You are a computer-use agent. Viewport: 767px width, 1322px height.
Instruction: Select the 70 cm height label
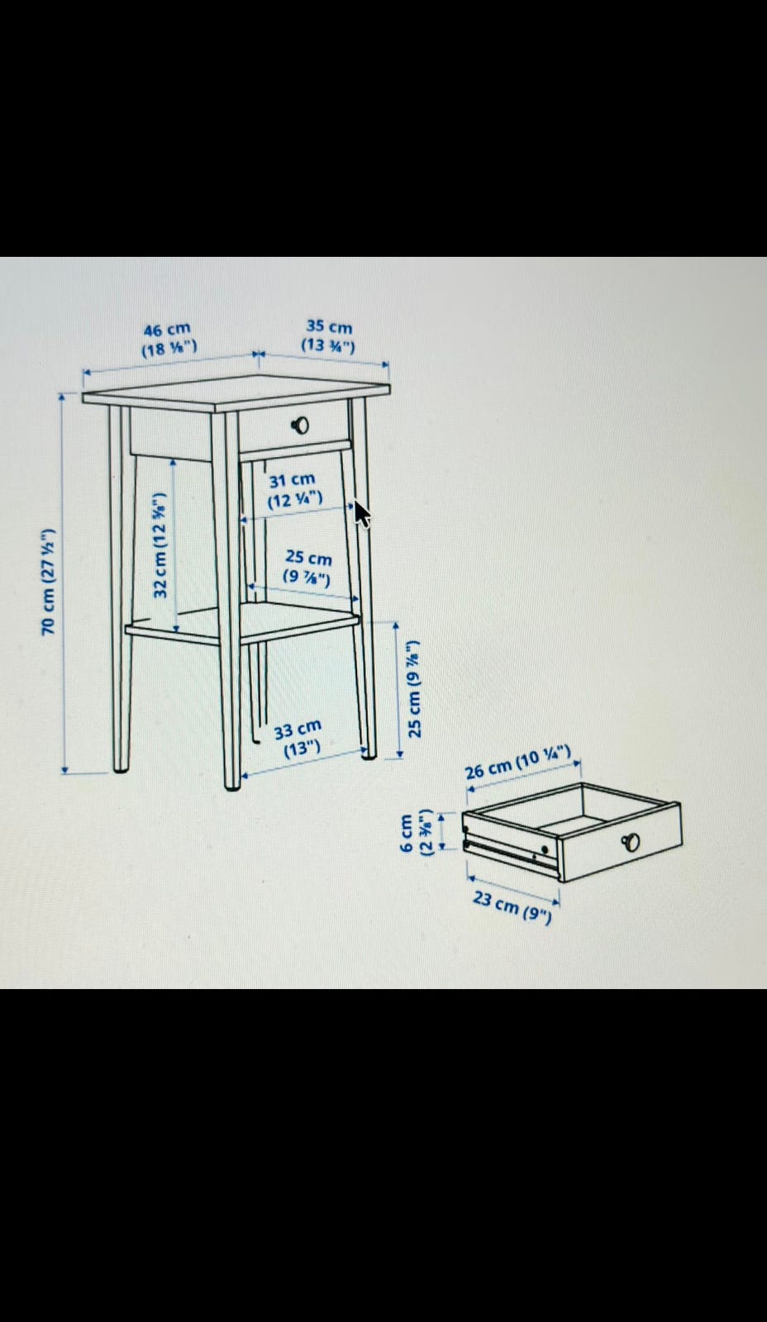pyautogui.click(x=49, y=582)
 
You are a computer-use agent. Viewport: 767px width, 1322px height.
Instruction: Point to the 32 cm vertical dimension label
pyautogui.click(x=160, y=544)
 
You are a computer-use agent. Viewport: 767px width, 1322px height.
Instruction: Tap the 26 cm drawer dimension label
pyautogui.click(x=518, y=762)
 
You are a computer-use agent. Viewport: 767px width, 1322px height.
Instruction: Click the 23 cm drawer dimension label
pyautogui.click(x=512, y=907)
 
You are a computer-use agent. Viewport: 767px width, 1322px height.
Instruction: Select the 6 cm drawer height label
pyautogui.click(x=417, y=832)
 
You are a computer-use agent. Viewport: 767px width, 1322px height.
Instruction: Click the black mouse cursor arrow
pyautogui.click(x=361, y=514)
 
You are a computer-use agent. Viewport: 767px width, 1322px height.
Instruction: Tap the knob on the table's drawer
pyautogui.click(x=301, y=425)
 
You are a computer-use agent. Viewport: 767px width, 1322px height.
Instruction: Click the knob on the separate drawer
pyautogui.click(x=631, y=842)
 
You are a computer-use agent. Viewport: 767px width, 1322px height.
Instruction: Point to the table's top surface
pyautogui.click(x=236, y=392)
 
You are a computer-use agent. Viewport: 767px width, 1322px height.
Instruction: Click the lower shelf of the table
pyautogui.click(x=242, y=625)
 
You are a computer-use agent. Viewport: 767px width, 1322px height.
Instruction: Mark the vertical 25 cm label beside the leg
pyautogui.click(x=415, y=688)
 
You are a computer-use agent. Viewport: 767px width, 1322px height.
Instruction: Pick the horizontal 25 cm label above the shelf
pyautogui.click(x=307, y=567)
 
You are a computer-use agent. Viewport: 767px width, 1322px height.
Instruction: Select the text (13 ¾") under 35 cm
pyautogui.click(x=328, y=345)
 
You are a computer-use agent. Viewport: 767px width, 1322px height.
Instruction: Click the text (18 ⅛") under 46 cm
pyautogui.click(x=169, y=348)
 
